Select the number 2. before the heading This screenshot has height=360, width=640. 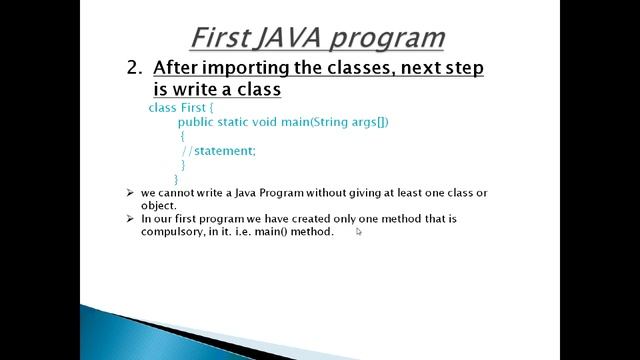click(x=136, y=68)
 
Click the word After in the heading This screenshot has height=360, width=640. click(x=177, y=68)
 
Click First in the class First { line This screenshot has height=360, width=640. click(x=193, y=106)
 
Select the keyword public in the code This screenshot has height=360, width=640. click(x=195, y=121)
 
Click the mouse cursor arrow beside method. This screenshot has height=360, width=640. click(x=359, y=232)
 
